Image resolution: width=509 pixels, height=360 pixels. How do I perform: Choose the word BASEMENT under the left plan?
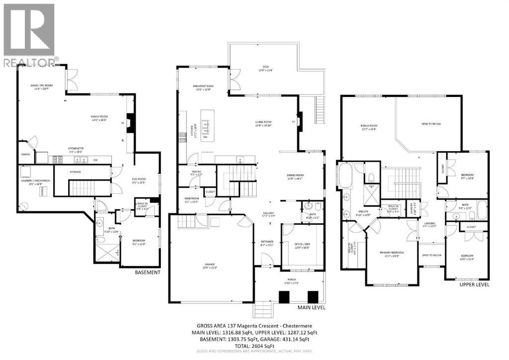[148, 272]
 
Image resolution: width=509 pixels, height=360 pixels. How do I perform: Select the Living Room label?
[263, 123]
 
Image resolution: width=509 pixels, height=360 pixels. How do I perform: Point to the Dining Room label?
[298, 176]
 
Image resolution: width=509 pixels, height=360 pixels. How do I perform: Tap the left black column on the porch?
[284, 297]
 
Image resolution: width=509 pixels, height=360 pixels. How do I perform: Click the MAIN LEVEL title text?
[311, 308]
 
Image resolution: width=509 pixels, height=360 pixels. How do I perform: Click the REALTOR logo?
[29, 35]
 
